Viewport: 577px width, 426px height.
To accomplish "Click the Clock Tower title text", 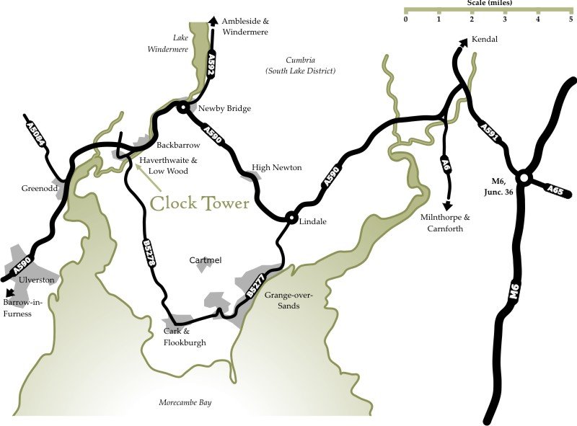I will coord(200,203).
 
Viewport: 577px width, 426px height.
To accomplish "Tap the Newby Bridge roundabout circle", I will coord(183,108).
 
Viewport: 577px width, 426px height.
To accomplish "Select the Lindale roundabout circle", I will coord(291,217).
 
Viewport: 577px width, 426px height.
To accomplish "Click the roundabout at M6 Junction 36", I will coord(524,177).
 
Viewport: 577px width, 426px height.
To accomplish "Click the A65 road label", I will coord(555,190).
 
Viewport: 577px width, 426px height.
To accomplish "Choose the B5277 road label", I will coord(255,283).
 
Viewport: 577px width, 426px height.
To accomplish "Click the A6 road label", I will coord(446,165).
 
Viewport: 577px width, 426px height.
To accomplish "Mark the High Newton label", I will coord(276,167).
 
